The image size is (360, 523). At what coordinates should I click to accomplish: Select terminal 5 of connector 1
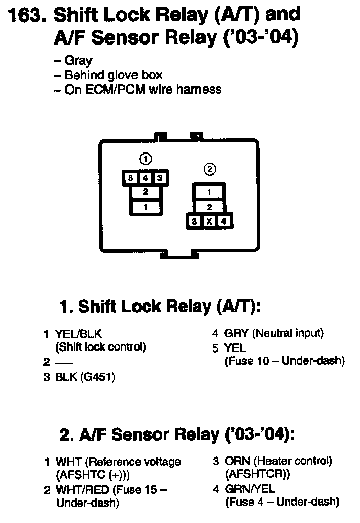(130, 178)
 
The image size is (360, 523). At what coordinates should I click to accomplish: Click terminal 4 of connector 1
(145, 178)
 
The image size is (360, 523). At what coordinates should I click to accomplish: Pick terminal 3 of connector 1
(160, 178)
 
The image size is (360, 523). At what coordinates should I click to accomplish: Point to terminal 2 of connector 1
(146, 192)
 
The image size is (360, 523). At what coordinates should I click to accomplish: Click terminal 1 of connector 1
(146, 207)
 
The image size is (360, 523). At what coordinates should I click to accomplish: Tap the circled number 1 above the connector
(146, 159)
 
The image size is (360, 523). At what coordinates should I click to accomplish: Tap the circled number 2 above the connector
(209, 169)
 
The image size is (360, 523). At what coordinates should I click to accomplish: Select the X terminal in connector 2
(209, 222)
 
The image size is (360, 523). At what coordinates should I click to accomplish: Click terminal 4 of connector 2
(223, 222)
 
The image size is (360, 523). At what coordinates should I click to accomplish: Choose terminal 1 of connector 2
(209, 192)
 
